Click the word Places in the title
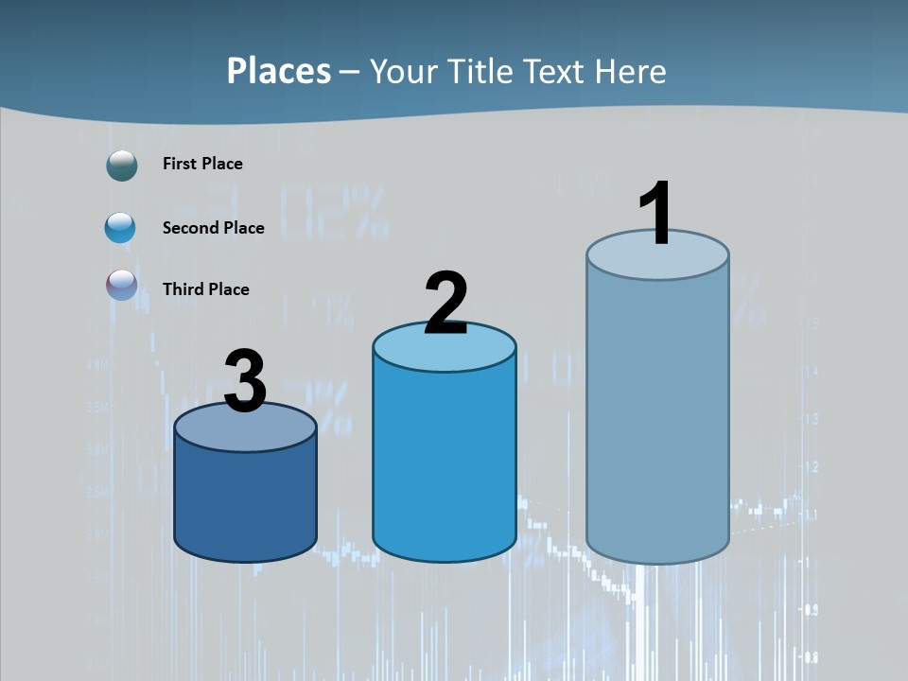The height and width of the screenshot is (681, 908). pyautogui.click(x=279, y=71)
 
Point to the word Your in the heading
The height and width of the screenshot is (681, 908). pyautogui.click(x=405, y=71)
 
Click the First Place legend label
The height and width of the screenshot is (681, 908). pyautogui.click(x=202, y=164)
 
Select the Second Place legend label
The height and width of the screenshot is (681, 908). pyautogui.click(x=213, y=228)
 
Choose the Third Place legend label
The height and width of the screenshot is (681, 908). pyautogui.click(x=205, y=289)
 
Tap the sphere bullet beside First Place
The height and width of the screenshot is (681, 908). pyautogui.click(x=122, y=166)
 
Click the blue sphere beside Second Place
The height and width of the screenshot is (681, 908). pyautogui.click(x=120, y=228)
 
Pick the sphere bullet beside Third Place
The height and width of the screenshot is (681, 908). pyautogui.click(x=122, y=285)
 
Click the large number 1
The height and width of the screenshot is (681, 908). pyautogui.click(x=655, y=213)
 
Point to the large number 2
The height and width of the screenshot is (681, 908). pyautogui.click(x=445, y=304)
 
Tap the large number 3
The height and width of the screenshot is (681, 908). pyautogui.click(x=245, y=381)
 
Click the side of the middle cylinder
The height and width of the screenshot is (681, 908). pyautogui.click(x=445, y=463)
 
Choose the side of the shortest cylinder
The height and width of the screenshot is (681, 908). pyautogui.click(x=245, y=501)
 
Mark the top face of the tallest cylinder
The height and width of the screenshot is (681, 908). pyautogui.click(x=657, y=260)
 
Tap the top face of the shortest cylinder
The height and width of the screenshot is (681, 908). pyautogui.click(x=245, y=431)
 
